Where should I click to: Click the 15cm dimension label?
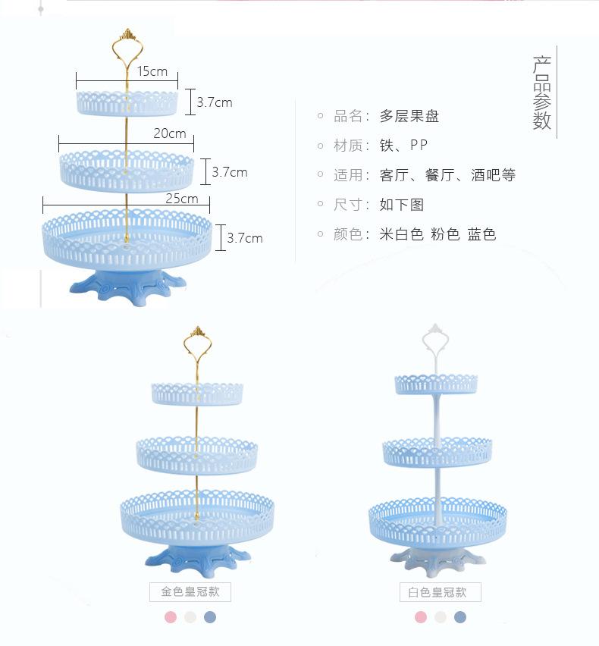coord(152,71)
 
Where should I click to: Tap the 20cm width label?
coord(169,133)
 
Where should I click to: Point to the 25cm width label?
coord(182,199)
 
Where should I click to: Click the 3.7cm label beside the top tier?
coord(215,102)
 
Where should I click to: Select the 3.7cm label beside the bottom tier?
coord(245,238)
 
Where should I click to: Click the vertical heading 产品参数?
coord(541,93)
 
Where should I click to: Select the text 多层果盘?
coord(409,116)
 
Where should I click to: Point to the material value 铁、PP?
coord(403,146)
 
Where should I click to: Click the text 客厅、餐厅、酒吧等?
coord(447,175)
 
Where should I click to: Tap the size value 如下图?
coord(402,205)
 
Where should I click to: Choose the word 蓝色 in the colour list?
coord(481,234)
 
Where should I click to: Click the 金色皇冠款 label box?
coord(190,592)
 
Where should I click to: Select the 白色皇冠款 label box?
coord(440,592)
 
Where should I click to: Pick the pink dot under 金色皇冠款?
coord(171,617)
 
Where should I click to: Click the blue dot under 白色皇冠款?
coord(460,617)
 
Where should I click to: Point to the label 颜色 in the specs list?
coord(348,234)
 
